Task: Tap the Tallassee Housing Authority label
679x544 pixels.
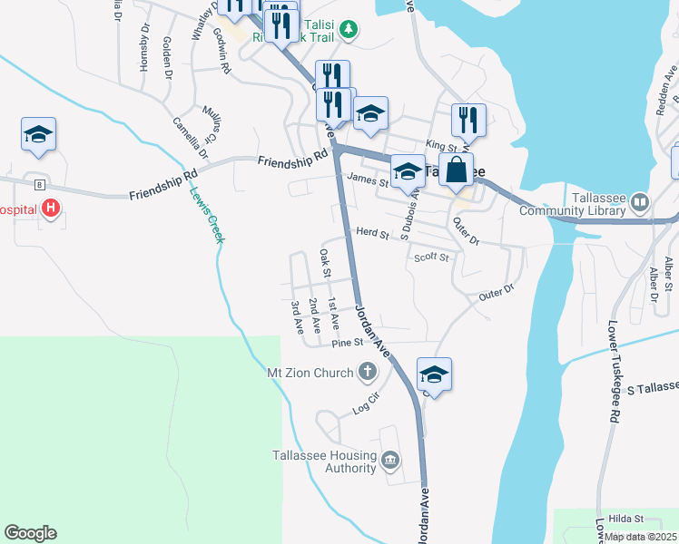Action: (324, 461)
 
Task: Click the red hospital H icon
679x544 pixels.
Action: (52, 209)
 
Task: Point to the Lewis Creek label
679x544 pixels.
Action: (207, 214)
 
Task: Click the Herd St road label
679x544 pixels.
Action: (372, 234)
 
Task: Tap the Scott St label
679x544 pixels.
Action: (431, 257)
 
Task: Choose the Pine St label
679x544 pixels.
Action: (347, 343)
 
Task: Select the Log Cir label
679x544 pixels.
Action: (364, 404)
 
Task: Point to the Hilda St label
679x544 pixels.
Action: (626, 519)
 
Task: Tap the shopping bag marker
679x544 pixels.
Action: (460, 169)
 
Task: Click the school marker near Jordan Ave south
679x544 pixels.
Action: (435, 374)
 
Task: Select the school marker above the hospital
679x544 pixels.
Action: (38, 133)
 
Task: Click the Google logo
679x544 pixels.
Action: (30, 533)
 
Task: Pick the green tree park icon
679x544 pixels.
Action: (349, 30)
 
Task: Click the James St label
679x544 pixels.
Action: (367, 181)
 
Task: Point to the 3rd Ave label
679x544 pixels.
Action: (296, 317)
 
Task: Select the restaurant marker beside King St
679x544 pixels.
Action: (468, 119)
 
